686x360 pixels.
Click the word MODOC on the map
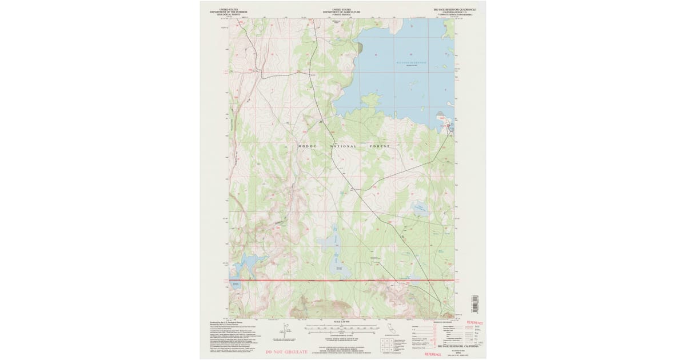[x=308, y=146]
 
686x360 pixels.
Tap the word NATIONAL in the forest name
[x=343, y=146]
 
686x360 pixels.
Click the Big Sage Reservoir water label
[x=412, y=62]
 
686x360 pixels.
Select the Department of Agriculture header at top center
[x=342, y=11]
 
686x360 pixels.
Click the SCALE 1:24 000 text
[x=341, y=323]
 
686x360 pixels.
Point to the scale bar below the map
[x=342, y=329]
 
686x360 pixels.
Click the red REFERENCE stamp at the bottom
[x=437, y=354]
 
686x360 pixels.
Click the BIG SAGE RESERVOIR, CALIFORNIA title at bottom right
[x=457, y=346]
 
